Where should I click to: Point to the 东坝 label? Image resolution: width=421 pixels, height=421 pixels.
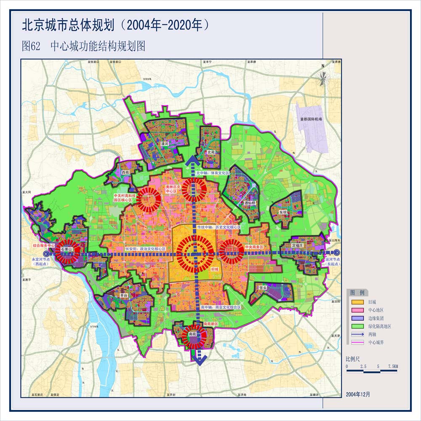point(283,213)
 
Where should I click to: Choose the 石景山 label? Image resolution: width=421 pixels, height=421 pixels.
point(67,250)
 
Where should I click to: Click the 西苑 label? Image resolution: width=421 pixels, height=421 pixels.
point(125,173)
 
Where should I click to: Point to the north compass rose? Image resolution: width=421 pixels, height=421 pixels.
point(322,78)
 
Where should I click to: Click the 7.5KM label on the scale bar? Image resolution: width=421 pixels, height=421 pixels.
point(392,367)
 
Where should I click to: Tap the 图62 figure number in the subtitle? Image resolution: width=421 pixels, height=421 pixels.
point(31,46)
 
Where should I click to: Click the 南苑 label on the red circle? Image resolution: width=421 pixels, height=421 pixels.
point(193,333)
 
